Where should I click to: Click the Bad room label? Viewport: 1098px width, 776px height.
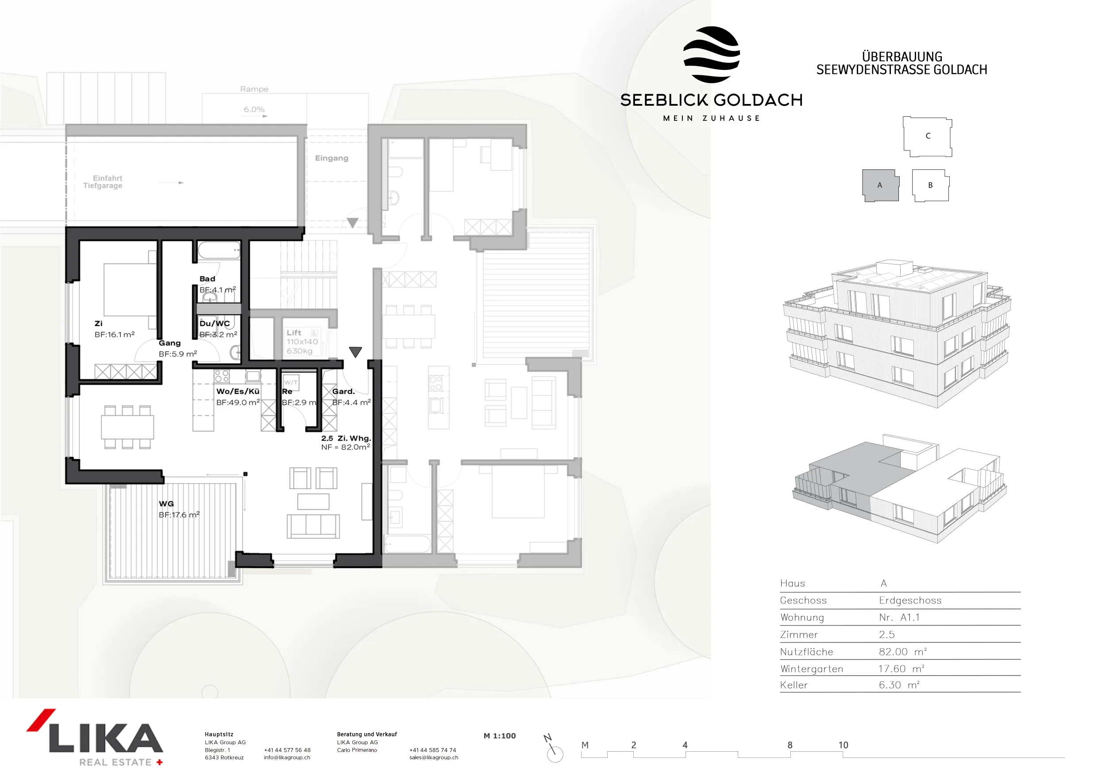pos(207,279)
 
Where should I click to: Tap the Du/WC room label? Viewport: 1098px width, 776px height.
pos(215,323)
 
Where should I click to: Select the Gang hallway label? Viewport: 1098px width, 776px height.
pos(170,343)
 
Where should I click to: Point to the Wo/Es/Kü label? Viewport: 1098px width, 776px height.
pos(238,391)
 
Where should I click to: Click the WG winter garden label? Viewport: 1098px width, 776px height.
pos(166,503)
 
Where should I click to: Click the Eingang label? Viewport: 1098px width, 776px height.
pos(331,158)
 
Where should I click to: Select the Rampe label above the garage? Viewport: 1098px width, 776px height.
pos(254,89)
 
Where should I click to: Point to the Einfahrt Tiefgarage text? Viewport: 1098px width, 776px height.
pos(103,182)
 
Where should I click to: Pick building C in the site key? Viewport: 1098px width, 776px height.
pos(927,136)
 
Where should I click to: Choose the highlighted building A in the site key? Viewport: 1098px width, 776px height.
pos(880,185)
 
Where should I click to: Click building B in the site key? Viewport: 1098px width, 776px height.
pos(930,185)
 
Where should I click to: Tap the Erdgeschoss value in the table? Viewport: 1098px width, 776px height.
pos(910,600)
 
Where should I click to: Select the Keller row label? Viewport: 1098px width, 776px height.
pos(794,685)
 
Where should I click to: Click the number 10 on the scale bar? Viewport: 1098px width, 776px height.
pos(843,745)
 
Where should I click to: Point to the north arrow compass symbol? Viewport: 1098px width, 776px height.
pos(553,749)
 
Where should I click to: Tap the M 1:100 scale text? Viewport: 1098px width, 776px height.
pos(500,736)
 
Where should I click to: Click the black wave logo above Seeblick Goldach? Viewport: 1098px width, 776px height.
pos(712,54)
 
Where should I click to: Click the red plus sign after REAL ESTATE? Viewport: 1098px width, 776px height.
pos(160,762)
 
